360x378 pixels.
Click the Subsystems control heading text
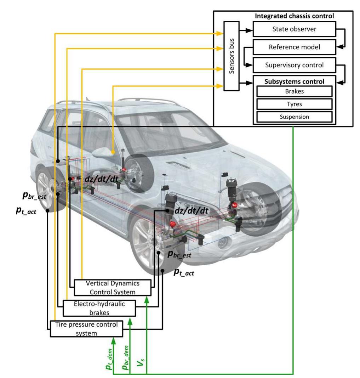294,81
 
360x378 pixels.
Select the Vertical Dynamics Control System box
112,288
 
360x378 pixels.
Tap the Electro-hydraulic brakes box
99,308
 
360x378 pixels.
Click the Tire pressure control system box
86,328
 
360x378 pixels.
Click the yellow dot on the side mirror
113,152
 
